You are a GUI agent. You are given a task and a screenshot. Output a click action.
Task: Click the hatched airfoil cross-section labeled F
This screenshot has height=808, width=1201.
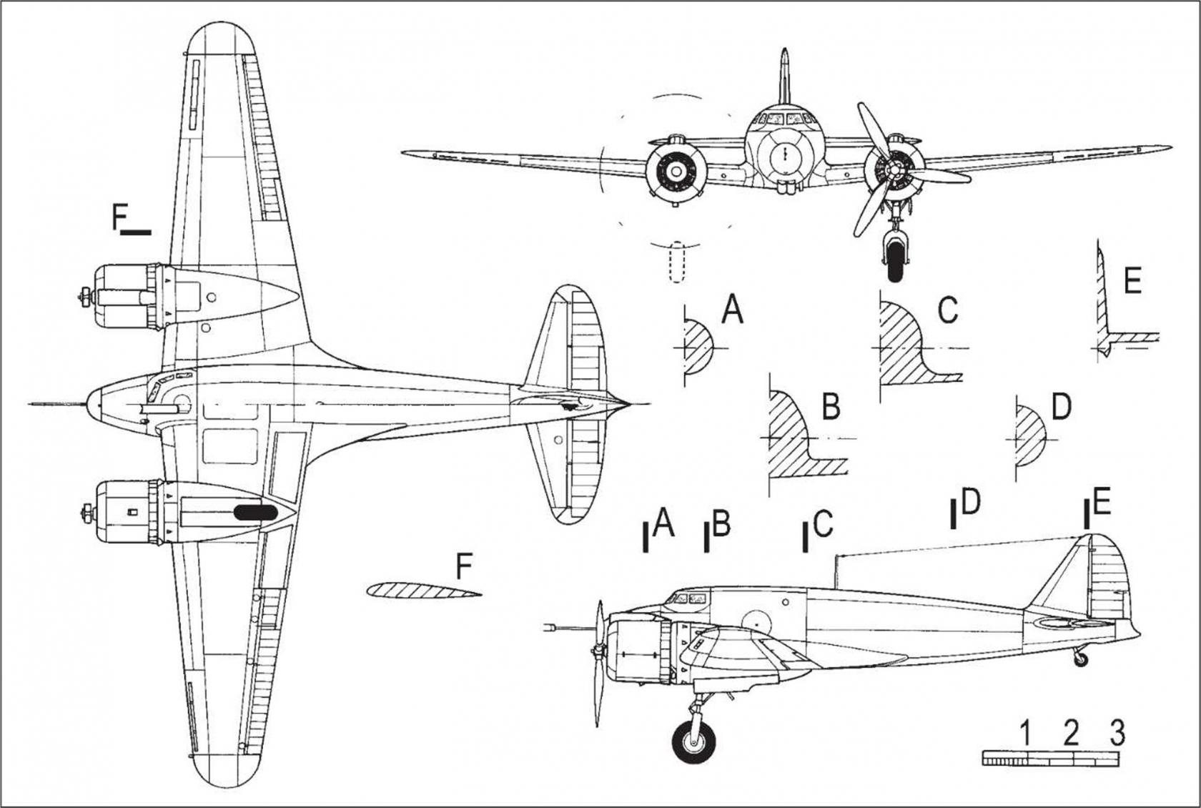tap(423, 590)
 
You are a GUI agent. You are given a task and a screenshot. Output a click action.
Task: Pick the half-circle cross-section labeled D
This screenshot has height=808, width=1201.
tap(1031, 435)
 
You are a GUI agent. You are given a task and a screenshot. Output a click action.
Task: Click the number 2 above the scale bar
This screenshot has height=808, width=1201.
tap(1070, 733)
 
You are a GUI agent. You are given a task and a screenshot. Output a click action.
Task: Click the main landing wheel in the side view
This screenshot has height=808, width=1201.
tap(693, 742)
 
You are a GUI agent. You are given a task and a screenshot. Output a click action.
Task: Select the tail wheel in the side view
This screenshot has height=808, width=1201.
tap(1082, 659)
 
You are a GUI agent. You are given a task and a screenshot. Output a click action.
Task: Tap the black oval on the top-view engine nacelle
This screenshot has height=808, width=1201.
tap(256, 513)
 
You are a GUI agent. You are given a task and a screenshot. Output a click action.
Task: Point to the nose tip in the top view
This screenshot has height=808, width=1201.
tap(87, 404)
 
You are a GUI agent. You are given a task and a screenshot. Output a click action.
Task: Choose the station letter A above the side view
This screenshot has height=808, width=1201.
tap(663, 524)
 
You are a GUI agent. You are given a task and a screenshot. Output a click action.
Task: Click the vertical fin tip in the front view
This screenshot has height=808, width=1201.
tap(784, 51)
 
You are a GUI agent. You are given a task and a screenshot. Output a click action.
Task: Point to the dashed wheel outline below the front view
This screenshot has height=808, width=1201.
tap(677, 262)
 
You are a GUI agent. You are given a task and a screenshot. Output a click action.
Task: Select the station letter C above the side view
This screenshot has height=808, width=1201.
tap(823, 524)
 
